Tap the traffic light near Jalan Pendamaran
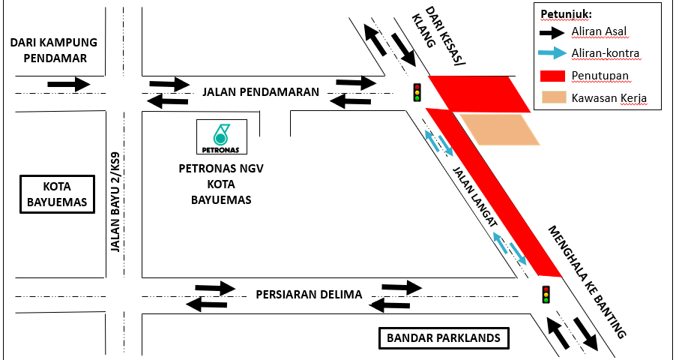click(416, 91)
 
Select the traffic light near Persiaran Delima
click(546, 294)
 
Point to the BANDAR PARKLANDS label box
click(444, 338)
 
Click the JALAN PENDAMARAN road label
click(261, 92)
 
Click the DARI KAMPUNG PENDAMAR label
click(54, 50)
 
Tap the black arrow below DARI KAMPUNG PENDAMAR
click(68, 84)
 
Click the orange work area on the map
click(498, 129)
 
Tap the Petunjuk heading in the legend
click(566, 13)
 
